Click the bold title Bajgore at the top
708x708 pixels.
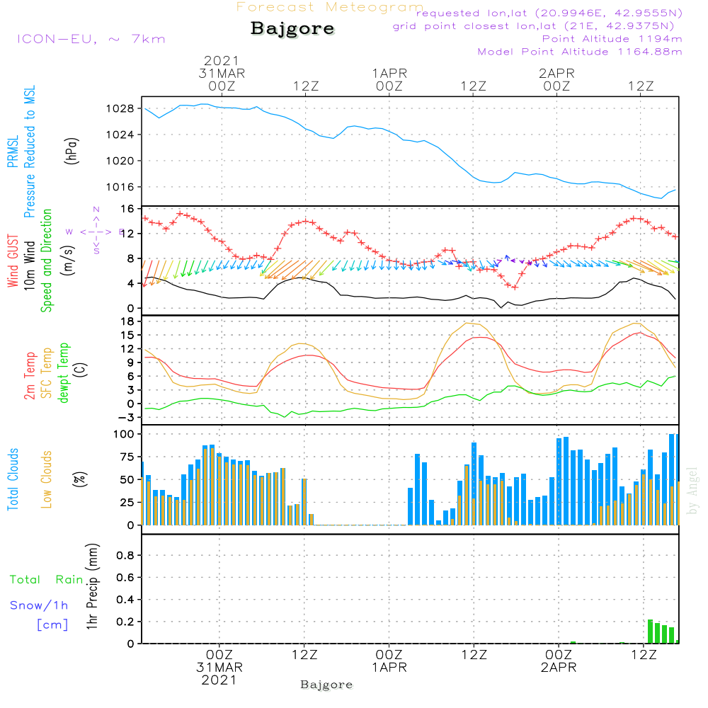[x=292, y=30]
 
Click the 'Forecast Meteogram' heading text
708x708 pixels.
[x=330, y=7]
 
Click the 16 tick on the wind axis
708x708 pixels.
[x=127, y=209]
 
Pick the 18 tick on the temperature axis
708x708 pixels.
[x=127, y=321]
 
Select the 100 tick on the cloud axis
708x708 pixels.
[x=124, y=433]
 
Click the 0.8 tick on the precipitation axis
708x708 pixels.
[x=125, y=556]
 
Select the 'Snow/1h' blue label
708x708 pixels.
[x=40, y=605]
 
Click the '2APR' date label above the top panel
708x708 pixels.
[x=556, y=73]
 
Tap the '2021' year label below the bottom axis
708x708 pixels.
[x=219, y=680]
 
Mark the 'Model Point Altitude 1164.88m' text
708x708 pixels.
[x=580, y=52]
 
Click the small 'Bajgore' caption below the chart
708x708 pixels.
[x=326, y=685]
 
